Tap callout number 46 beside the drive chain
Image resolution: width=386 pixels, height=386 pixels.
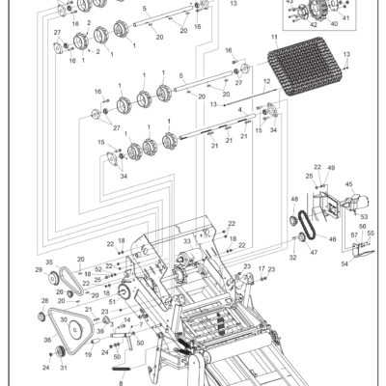pos(333,238)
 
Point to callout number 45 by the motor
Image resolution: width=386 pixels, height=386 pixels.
pos(348,184)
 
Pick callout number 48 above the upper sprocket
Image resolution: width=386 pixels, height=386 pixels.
pos(294,199)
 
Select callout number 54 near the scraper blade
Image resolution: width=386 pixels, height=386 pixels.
pos(345,263)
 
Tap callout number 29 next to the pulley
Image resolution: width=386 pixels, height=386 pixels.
pos(40,270)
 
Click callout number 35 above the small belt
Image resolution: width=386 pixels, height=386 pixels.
pos(49,262)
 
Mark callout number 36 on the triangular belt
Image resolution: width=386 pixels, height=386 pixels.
pos(45,340)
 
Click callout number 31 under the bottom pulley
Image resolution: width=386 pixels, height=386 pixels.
pos(64,367)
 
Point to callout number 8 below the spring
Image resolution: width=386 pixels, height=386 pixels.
pos(121,383)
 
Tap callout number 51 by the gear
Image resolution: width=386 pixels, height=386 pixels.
pos(112,302)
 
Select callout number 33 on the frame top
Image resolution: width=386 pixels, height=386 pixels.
pos(186,241)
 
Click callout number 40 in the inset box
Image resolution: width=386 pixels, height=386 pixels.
pos(334,23)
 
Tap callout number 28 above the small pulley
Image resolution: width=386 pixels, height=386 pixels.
pos(44,301)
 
